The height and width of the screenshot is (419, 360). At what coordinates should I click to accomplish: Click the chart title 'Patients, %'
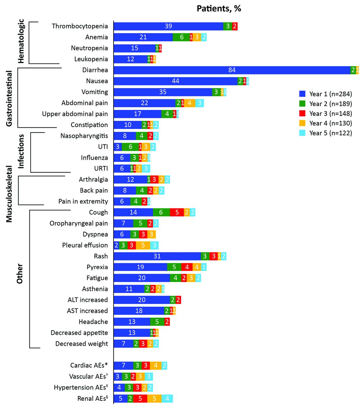pos(219,9)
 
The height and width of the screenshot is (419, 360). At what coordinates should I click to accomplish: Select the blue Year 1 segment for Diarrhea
pos(232,70)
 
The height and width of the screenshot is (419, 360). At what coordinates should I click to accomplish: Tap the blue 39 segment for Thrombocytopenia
pos(168,26)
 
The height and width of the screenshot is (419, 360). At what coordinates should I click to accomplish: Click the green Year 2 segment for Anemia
pos(181,37)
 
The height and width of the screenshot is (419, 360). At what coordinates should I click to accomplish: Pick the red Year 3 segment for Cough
pos(177,212)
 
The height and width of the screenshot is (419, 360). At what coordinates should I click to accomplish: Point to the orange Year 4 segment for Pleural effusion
pos(143,245)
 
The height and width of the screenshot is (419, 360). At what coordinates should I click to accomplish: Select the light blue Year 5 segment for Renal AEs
pos(167,398)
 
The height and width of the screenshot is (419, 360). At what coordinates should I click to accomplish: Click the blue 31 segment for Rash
pos(157,256)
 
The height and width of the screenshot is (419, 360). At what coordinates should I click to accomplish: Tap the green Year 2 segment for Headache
pos(157,322)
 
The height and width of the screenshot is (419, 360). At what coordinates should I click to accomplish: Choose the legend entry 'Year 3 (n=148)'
pos(330,114)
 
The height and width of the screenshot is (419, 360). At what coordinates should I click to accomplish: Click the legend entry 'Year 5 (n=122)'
pos(330,133)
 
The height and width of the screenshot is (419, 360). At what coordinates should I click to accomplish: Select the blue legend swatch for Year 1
pos(302,94)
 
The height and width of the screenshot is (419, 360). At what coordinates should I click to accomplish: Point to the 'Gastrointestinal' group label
pos(9,98)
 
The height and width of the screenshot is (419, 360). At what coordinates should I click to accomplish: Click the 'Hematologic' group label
pos(21,41)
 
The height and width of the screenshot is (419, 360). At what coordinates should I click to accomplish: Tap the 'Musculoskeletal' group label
pos(9,194)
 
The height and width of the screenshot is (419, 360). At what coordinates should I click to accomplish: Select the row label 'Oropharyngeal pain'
pos(78,223)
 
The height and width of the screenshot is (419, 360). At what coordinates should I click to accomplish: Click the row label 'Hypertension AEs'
pos(80,388)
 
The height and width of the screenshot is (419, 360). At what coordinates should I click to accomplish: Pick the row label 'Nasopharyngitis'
pos(84,136)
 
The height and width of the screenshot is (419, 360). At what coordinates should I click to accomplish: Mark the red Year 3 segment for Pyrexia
pos(187,267)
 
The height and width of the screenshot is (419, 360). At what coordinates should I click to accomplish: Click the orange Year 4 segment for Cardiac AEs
pos(156,366)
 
